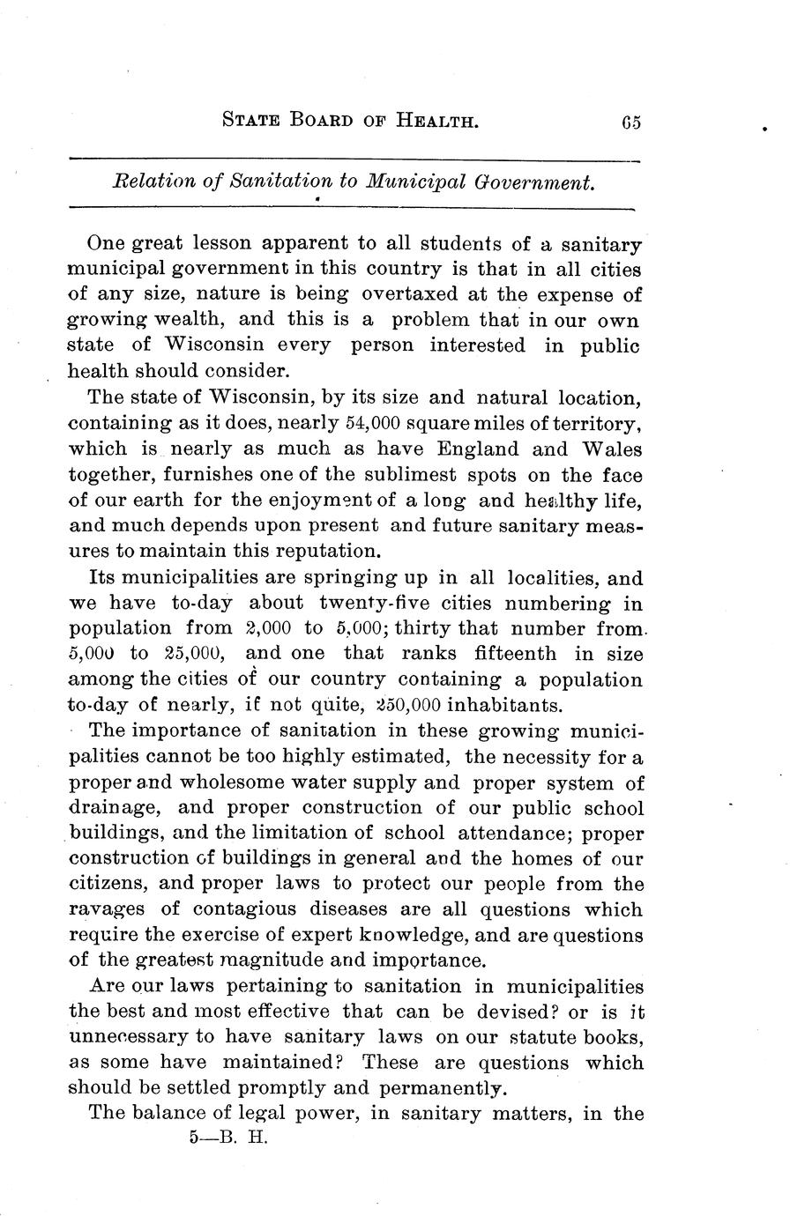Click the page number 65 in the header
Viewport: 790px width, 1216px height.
630,122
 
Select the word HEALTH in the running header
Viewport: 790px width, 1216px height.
433,122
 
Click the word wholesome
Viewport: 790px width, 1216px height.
271,782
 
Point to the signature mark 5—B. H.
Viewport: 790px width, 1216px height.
227,1138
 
